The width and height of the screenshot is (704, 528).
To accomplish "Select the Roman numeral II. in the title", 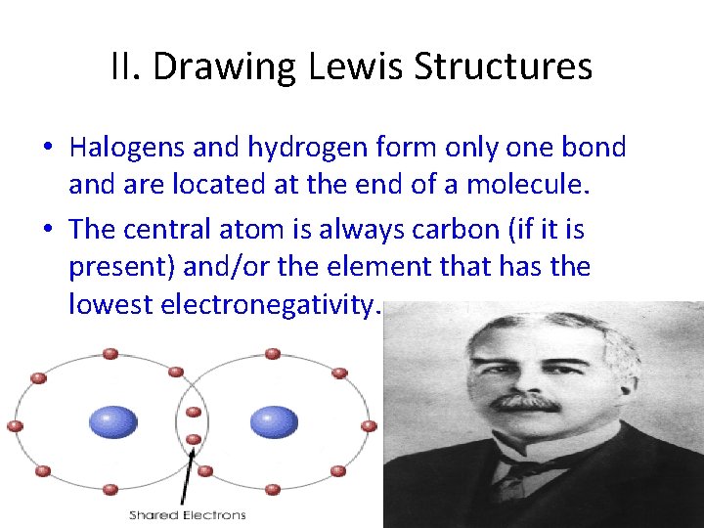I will pyautogui.click(x=127, y=67).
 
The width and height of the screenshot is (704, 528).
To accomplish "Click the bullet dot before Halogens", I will pyautogui.click(x=48, y=149).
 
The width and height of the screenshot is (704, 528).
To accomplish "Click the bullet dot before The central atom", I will pyautogui.click(x=48, y=231).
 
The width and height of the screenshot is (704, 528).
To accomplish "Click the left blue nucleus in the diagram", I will pyautogui.click(x=113, y=422).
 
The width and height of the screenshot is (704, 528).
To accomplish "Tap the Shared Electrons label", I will pyautogui.click(x=188, y=514).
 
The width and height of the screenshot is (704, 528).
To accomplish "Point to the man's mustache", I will pyautogui.click(x=526, y=401).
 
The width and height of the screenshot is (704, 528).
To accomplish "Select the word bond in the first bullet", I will pyautogui.click(x=592, y=148).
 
